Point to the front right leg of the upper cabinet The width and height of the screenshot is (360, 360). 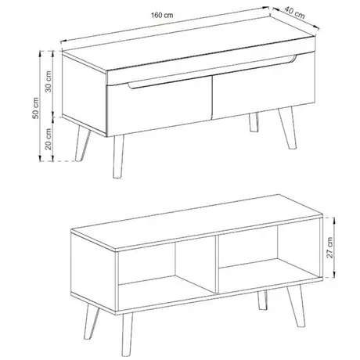(254, 124)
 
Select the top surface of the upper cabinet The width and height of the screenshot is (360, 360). (180, 53)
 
